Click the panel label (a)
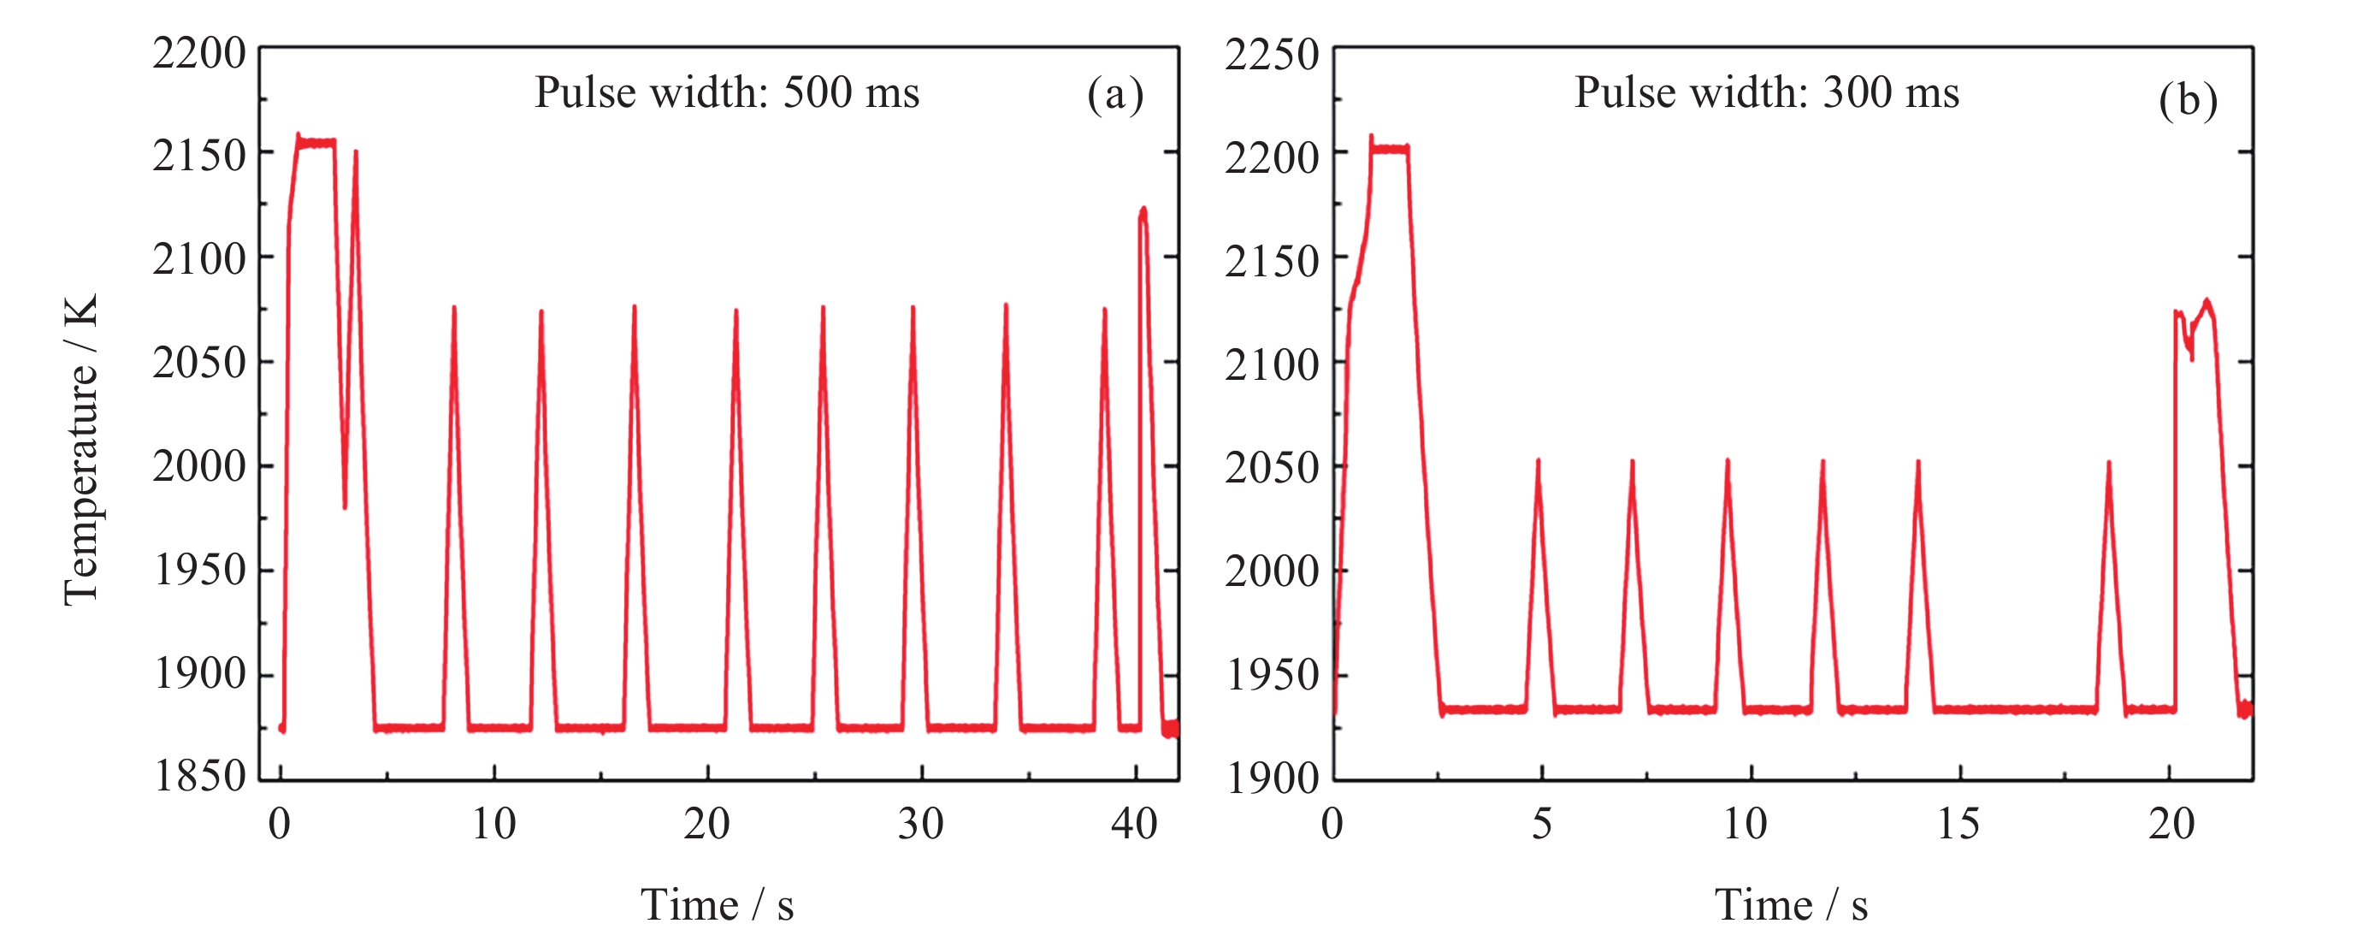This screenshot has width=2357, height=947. pos(1114,94)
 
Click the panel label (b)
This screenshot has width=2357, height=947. pos(2187,100)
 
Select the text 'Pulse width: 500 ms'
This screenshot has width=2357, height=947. pos(726,92)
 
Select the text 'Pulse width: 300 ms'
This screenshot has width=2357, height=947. pos(1766,92)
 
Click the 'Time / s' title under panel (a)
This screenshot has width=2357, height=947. pos(717,905)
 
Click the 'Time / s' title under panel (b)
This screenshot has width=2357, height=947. pos(1791,905)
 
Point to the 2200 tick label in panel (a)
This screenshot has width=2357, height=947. pos(199,53)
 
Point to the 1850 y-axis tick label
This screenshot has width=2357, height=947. pos(199,776)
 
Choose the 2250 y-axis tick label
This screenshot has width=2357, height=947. pos(1272,55)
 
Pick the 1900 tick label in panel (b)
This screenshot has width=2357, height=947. pos(1272,778)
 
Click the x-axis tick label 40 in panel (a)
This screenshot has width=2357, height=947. pos(1134,825)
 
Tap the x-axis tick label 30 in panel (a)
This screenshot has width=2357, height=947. pos(920,825)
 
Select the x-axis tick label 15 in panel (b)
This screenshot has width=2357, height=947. pos(1958,825)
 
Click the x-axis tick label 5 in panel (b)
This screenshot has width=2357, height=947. pos(1542,825)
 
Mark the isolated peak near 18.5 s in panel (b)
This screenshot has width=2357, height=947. pos(2108,464)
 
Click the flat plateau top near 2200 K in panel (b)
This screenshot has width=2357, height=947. pos(1389,148)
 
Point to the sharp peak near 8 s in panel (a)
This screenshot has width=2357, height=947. pos(454,310)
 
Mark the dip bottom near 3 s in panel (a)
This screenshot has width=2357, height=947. pos(345,506)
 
